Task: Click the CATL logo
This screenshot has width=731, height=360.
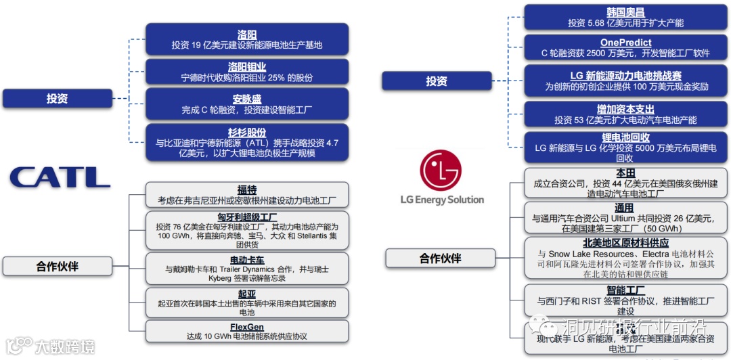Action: click(x=60, y=177)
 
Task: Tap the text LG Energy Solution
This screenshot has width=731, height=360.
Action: click(x=441, y=200)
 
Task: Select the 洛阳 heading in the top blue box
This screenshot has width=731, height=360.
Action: click(x=247, y=35)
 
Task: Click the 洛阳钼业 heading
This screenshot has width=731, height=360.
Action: click(x=247, y=66)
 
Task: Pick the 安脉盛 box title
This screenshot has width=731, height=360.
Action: click(x=247, y=99)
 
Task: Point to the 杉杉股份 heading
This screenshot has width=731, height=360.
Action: click(x=247, y=132)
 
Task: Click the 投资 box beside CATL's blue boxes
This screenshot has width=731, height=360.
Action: click(x=57, y=99)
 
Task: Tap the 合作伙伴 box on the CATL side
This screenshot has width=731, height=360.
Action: click(x=57, y=266)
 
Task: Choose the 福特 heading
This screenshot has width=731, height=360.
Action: click(x=247, y=190)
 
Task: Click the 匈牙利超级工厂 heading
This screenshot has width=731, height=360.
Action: click(x=247, y=217)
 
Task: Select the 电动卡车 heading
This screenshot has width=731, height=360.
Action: click(x=247, y=259)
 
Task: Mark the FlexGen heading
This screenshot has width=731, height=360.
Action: click(x=247, y=327)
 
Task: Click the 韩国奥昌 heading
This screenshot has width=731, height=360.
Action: click(x=625, y=12)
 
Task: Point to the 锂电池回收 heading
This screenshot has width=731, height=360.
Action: click(x=625, y=137)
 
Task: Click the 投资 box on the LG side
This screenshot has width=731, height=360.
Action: click(x=437, y=81)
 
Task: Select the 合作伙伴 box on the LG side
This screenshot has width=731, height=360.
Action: click(x=440, y=258)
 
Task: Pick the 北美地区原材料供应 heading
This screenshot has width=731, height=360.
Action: click(x=625, y=243)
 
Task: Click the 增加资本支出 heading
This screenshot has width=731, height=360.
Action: click(x=625, y=109)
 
